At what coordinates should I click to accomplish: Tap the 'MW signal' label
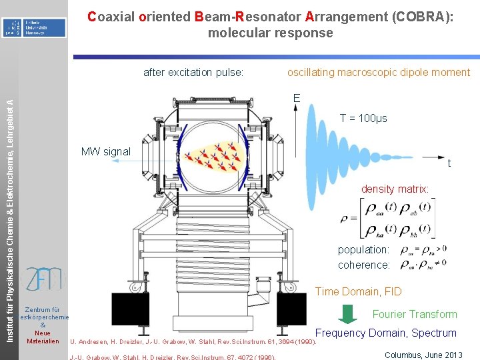tap(105, 151)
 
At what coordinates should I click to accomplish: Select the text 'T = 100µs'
tap(363, 119)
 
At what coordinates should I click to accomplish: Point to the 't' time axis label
tap(449, 164)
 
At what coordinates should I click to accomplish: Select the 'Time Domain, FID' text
tap(357, 291)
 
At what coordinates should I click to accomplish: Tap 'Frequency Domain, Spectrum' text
tap(385, 333)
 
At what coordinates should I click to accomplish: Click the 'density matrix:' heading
tap(395, 189)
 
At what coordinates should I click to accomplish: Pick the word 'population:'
tap(363, 249)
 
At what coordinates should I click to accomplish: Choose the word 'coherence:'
tap(363, 265)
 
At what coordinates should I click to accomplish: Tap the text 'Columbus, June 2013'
tap(423, 355)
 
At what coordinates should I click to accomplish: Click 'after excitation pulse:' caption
tap(193, 72)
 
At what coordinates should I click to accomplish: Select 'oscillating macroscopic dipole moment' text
tap(378, 72)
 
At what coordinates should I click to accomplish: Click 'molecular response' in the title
tap(270, 33)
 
